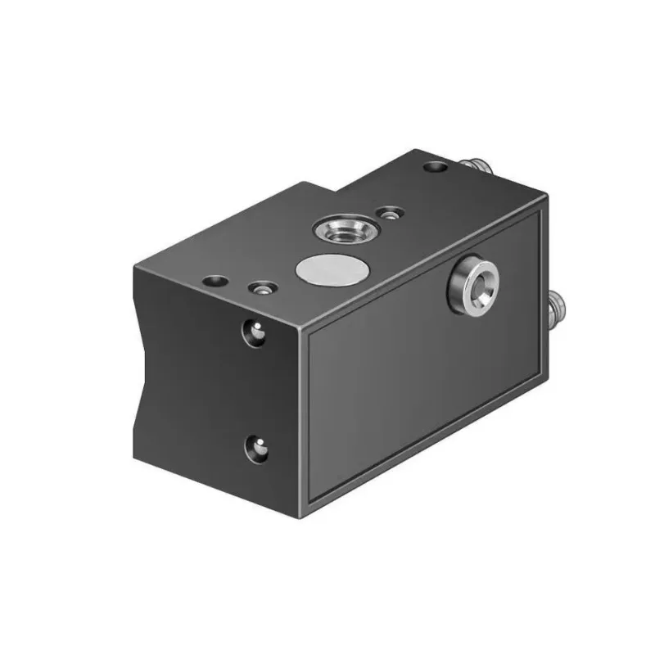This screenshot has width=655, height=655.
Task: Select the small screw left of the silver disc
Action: click(x=262, y=288)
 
